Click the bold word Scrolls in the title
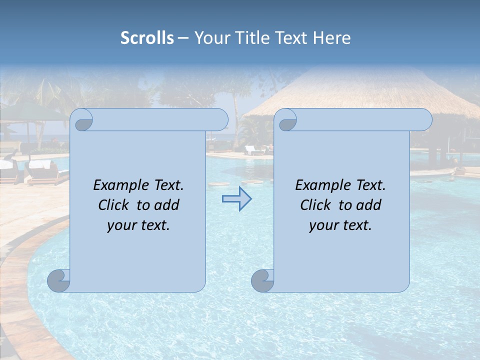point(147,38)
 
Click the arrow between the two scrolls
point(236,199)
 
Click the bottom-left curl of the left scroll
point(59,280)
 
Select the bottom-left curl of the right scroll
point(263,280)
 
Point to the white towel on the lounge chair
point(40,163)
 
